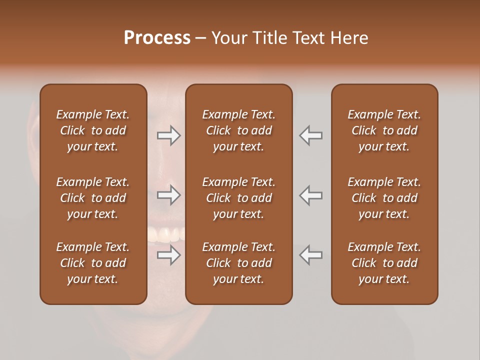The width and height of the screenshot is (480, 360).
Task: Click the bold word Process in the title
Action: pyautogui.click(x=157, y=38)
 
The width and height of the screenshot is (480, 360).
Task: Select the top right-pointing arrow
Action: pyautogui.click(x=169, y=135)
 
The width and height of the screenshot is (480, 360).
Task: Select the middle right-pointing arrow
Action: pyautogui.click(x=169, y=195)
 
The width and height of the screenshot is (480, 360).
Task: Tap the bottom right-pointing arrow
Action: pyautogui.click(x=169, y=255)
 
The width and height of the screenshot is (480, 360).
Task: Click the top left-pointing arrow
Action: pyautogui.click(x=311, y=135)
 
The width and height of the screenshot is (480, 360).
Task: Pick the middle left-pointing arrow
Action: pyautogui.click(x=311, y=195)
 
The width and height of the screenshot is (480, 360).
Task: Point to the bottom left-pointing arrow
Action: pyautogui.click(x=311, y=255)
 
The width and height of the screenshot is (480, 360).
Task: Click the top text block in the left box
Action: pyautogui.click(x=93, y=130)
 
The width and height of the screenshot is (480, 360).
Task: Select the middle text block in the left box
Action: pyautogui.click(x=93, y=198)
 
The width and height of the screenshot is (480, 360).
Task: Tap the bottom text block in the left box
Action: pyautogui.click(x=93, y=263)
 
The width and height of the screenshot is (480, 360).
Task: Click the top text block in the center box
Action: pyautogui.click(x=238, y=130)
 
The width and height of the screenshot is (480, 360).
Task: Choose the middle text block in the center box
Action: pyautogui.click(x=238, y=198)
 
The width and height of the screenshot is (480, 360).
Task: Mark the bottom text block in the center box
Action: pyautogui.click(x=238, y=263)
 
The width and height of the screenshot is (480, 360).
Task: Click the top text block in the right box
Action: pyautogui.click(x=384, y=130)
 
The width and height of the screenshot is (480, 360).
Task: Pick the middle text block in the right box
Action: pyautogui.click(x=384, y=198)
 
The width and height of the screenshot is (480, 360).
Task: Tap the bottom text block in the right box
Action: pyautogui.click(x=384, y=263)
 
